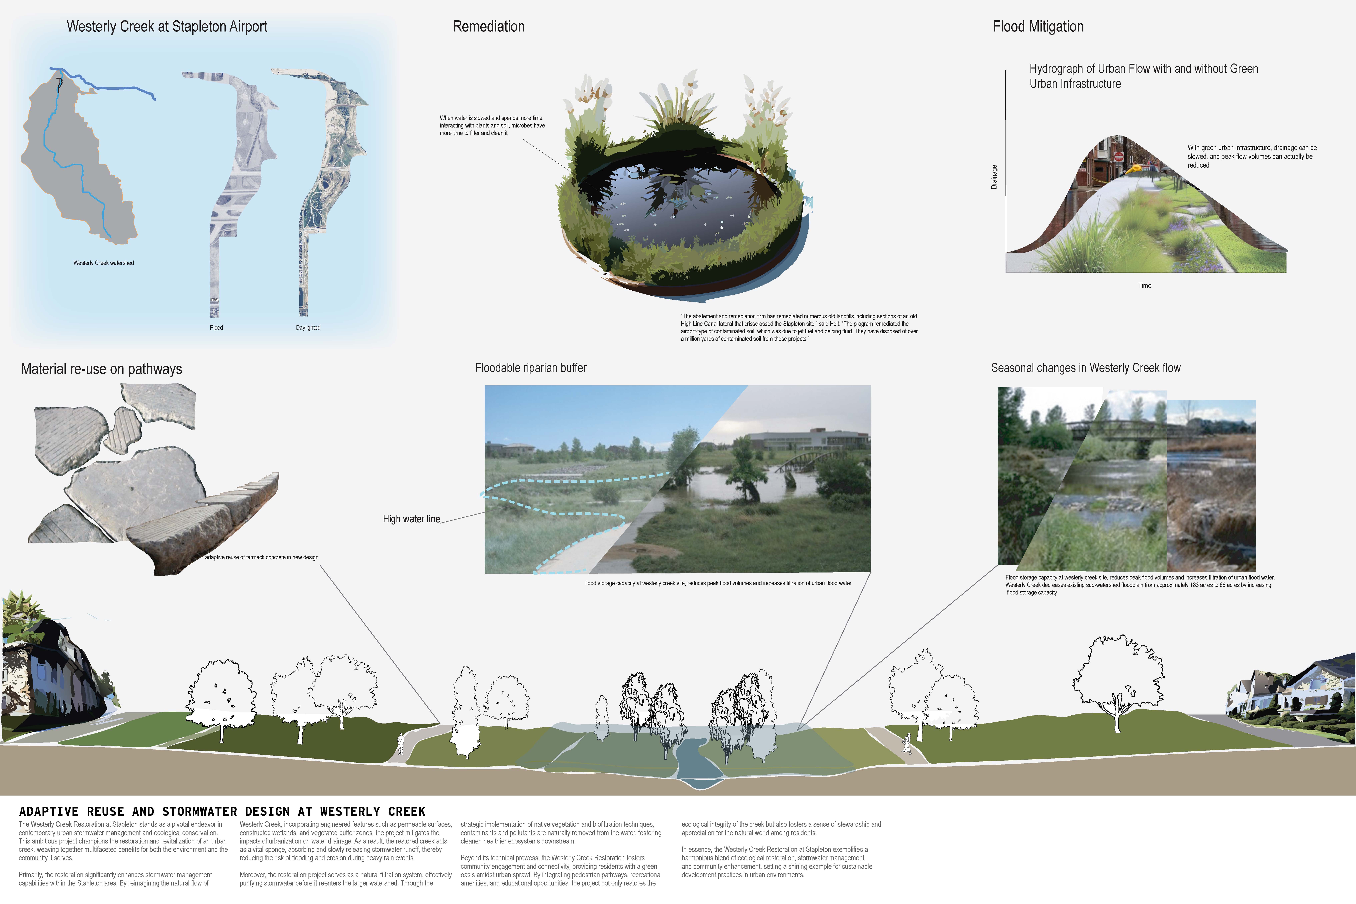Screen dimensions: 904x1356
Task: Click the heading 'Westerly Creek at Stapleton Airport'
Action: coord(167,26)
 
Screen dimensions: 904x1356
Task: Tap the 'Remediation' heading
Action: coord(488,26)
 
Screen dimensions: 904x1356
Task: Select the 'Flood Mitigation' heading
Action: coord(1038,26)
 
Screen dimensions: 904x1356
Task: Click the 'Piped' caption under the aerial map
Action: coord(216,327)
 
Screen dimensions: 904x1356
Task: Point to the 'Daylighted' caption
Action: coord(308,327)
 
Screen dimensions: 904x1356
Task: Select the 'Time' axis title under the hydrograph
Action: coord(1144,285)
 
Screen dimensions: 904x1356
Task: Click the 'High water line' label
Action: coord(411,519)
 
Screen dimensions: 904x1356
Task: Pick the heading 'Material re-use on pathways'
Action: coord(101,369)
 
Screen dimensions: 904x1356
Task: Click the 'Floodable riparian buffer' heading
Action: coord(530,368)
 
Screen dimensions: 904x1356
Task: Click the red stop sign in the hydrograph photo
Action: coord(1118,156)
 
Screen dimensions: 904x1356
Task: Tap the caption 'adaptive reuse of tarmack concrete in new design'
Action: coord(261,557)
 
